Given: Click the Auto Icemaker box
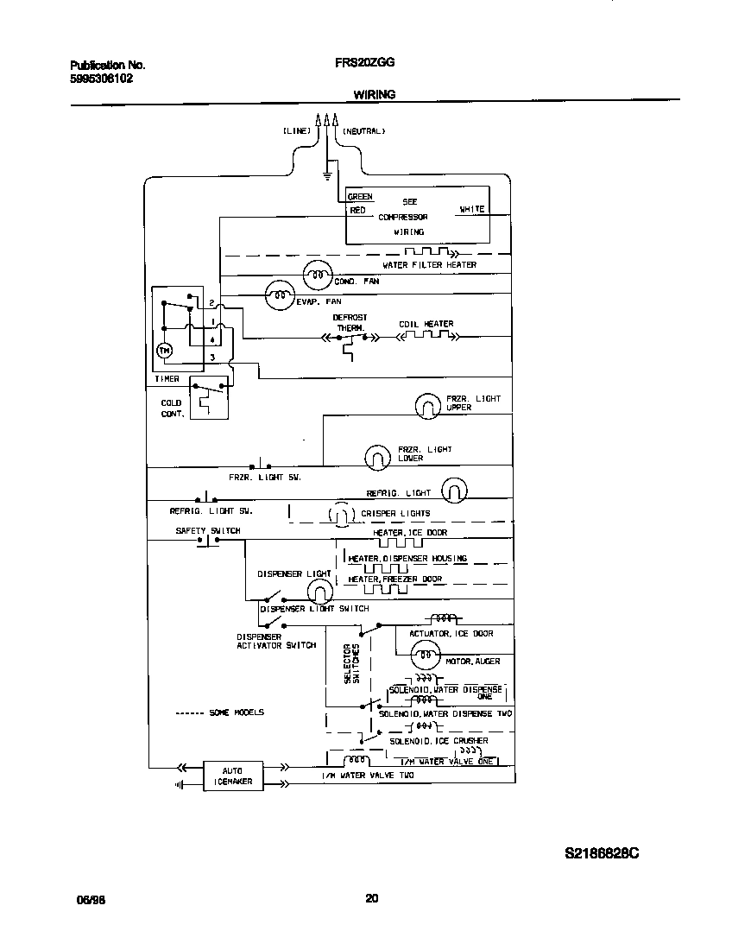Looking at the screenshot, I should [x=232, y=776].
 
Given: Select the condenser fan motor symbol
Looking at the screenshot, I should [x=317, y=275].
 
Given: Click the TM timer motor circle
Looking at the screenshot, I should [x=163, y=351].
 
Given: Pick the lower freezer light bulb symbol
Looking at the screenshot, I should [x=376, y=457].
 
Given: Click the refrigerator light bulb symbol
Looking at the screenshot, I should [x=454, y=491].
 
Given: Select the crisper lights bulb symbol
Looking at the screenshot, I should [x=341, y=515].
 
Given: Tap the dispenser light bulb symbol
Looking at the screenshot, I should [x=319, y=592].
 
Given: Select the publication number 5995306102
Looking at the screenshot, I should [x=101, y=78].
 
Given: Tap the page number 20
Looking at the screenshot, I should [x=372, y=898].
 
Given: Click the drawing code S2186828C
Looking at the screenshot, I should [x=602, y=853].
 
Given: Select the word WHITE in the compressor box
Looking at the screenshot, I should [x=471, y=209].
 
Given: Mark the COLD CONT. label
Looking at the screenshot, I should [x=171, y=408].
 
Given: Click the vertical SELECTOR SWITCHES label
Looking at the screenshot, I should [x=352, y=663].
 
